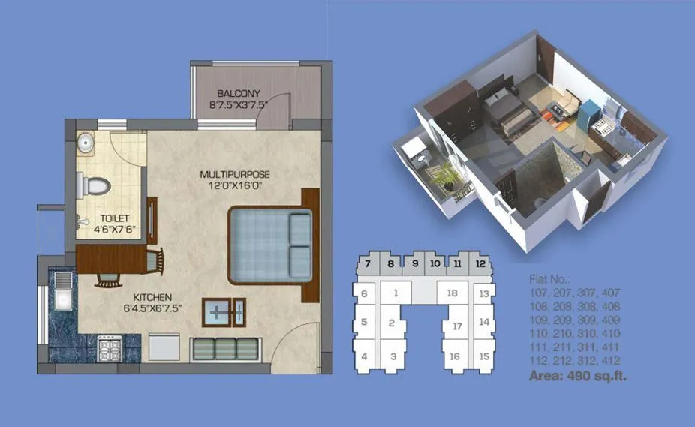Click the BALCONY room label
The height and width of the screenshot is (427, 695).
(x=239, y=93)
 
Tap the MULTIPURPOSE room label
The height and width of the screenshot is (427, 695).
(x=234, y=174)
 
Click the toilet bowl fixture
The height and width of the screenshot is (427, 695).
(x=97, y=184)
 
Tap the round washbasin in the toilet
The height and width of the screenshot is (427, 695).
(x=85, y=141)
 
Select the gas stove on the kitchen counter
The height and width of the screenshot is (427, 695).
(x=110, y=347)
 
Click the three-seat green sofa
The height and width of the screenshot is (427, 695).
(x=226, y=348)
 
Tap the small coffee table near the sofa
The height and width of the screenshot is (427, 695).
(x=224, y=312)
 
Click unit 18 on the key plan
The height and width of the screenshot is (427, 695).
(x=452, y=293)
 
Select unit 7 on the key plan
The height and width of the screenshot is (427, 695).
(x=368, y=263)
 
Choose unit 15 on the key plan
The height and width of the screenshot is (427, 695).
(x=484, y=356)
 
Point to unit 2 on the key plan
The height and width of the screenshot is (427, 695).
(x=392, y=323)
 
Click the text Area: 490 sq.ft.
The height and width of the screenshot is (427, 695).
(x=578, y=377)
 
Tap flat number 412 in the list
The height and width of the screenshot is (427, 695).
(x=610, y=360)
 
